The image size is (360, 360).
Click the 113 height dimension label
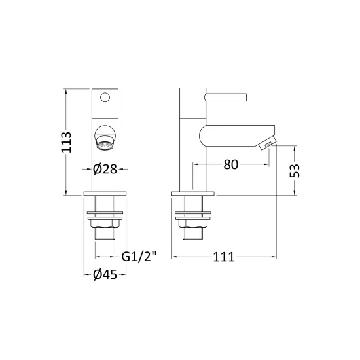point(67,142)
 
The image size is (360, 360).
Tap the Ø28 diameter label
point(105,170)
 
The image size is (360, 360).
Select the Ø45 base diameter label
point(105,275)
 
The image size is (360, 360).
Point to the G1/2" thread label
point(139,257)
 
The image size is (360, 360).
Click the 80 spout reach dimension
point(231,164)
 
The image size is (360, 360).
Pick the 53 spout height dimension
point(295,171)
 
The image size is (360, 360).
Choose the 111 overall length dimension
point(224,257)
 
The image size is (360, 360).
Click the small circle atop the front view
point(105,98)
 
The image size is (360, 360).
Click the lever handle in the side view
point(225,97)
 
